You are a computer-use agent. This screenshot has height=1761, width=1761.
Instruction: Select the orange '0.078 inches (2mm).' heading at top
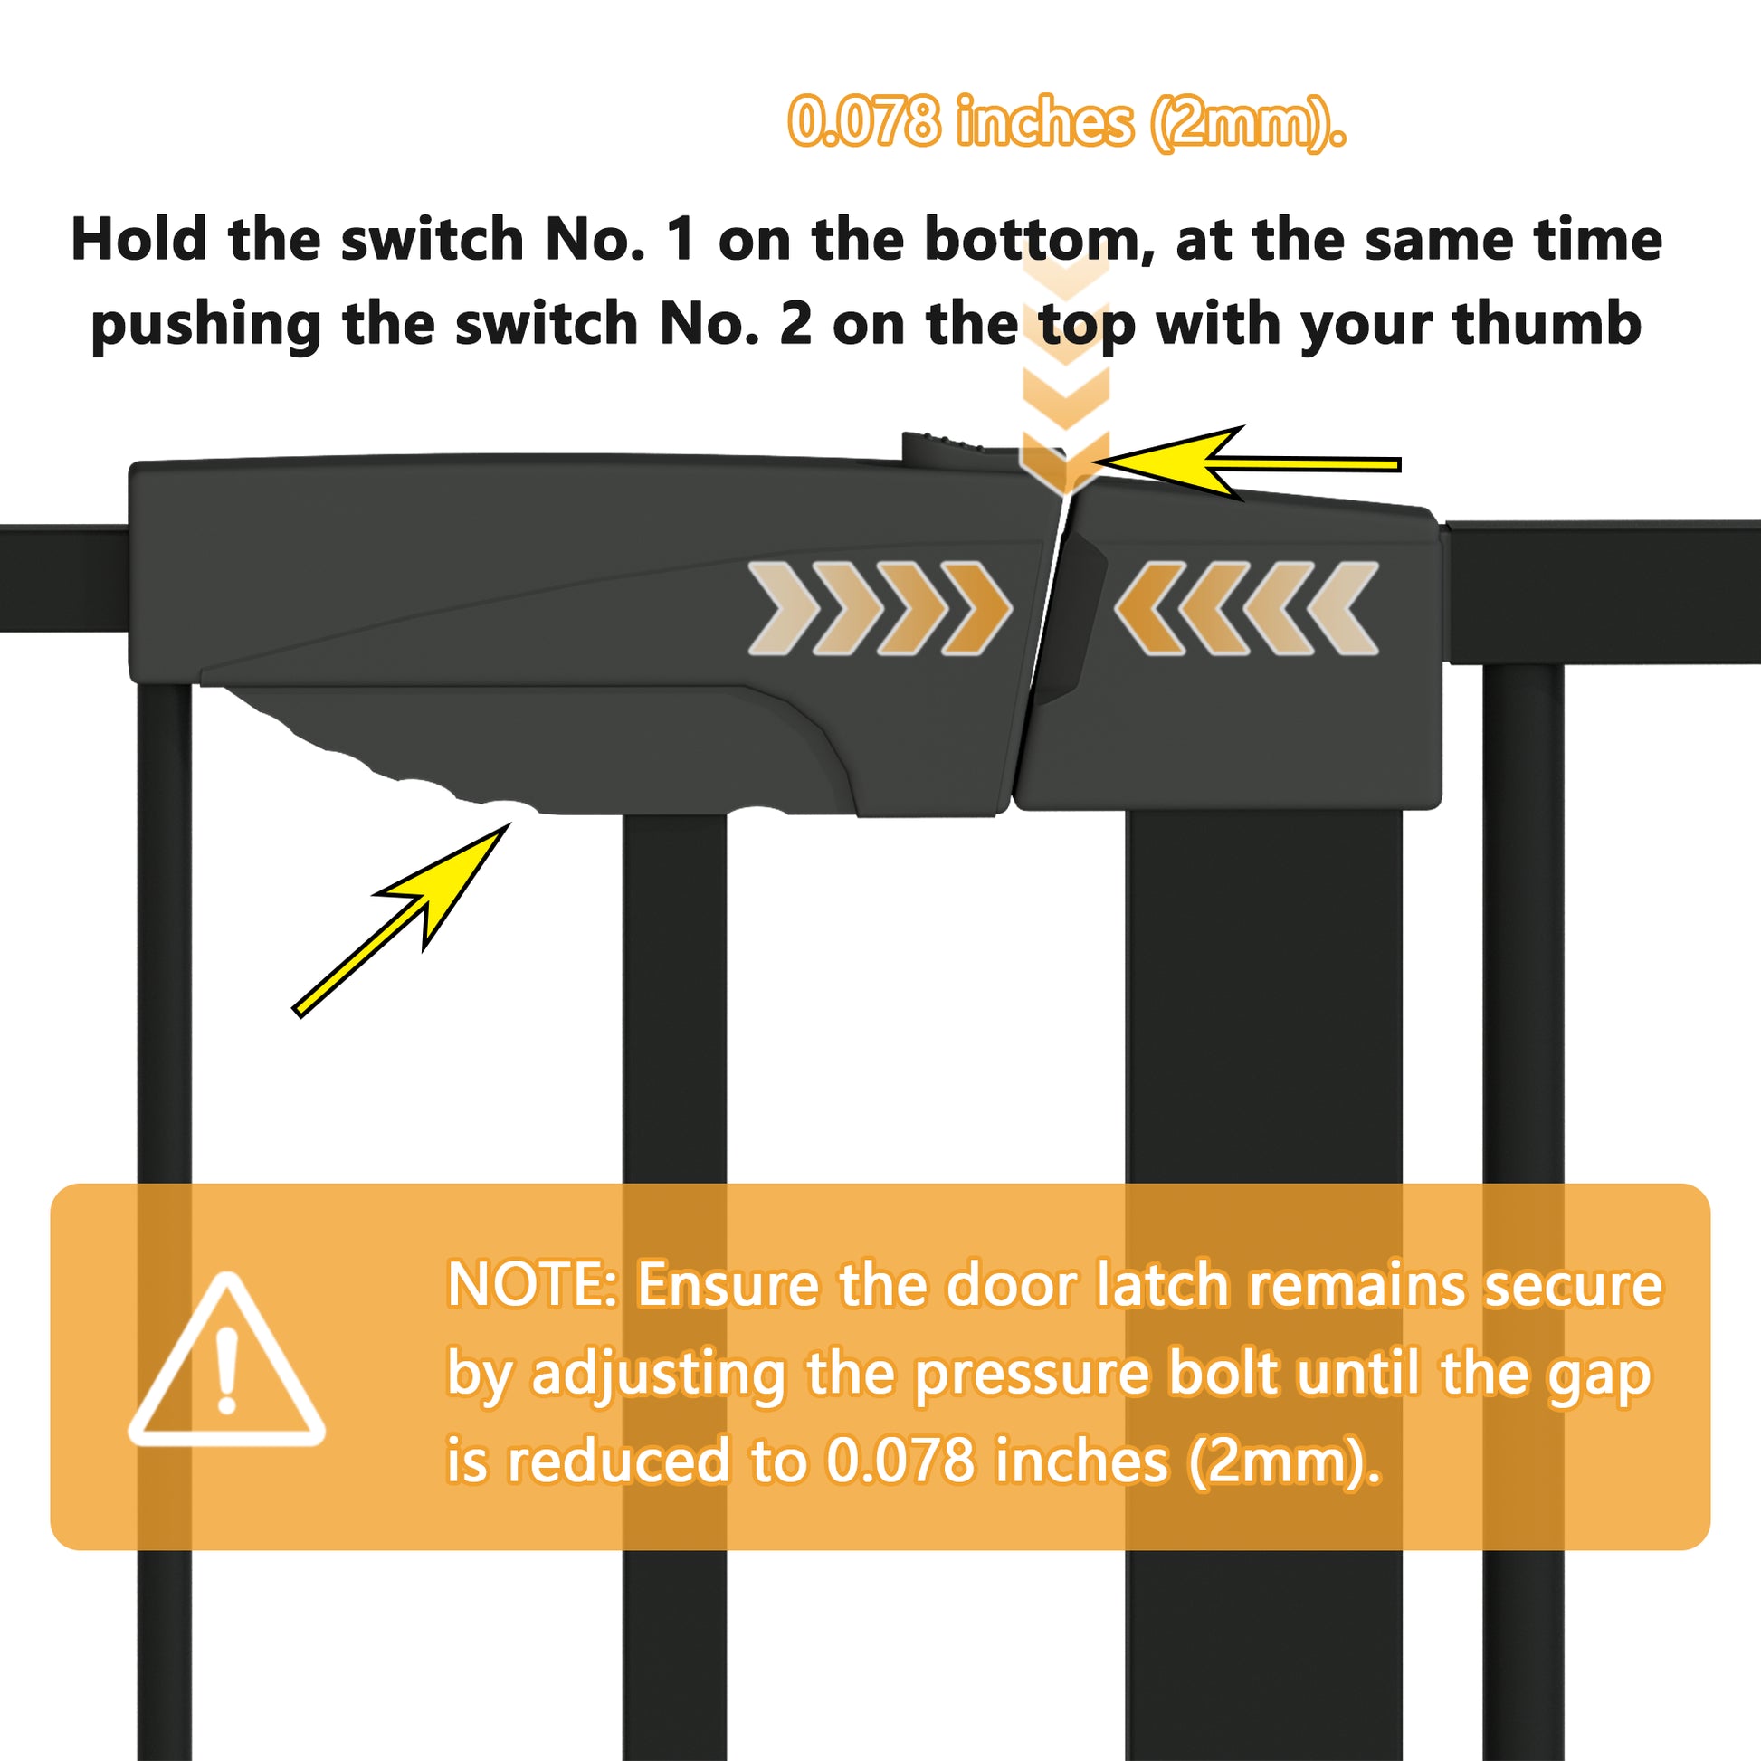click(1066, 122)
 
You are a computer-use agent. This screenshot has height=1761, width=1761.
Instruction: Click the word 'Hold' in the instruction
click(138, 240)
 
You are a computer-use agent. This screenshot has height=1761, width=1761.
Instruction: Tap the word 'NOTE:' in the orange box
click(532, 1285)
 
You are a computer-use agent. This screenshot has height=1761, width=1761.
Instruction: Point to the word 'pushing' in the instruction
click(206, 327)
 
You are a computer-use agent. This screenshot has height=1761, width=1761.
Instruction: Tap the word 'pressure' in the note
click(1032, 1376)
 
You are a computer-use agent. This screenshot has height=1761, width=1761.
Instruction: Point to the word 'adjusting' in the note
click(659, 1376)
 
